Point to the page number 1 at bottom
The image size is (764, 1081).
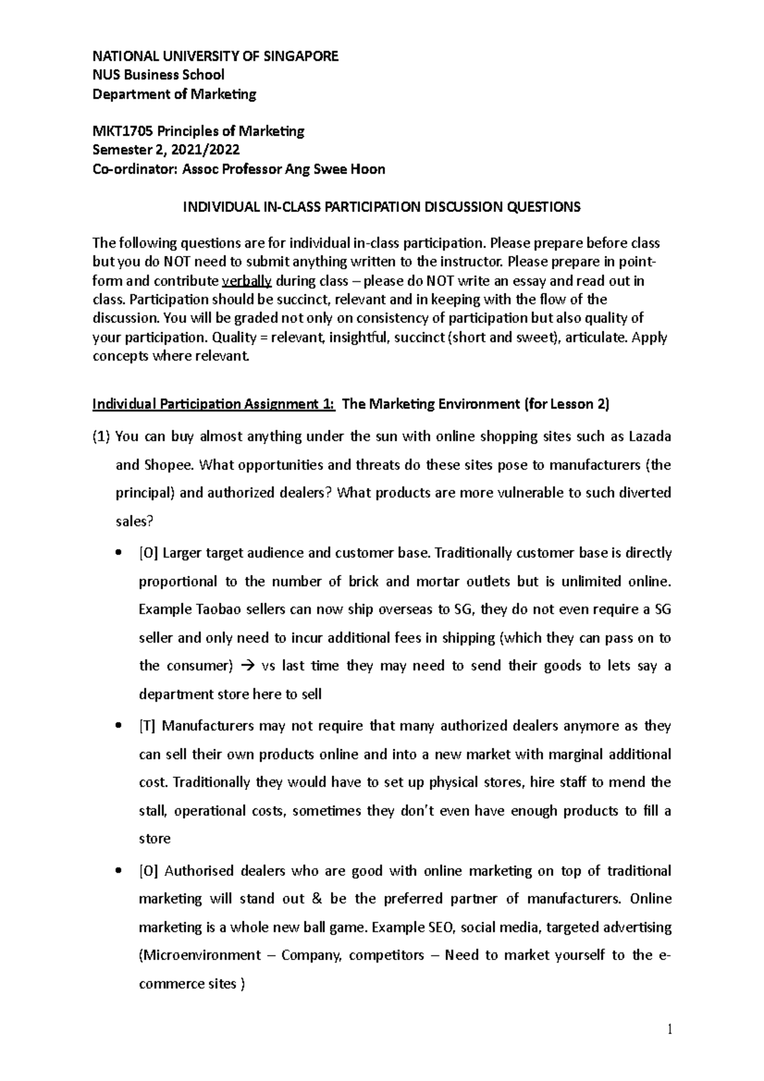(668, 1029)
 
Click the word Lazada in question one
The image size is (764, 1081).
(649, 437)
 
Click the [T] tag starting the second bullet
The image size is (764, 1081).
(148, 726)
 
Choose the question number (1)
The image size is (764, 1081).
(101, 437)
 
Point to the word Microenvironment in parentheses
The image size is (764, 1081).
(201, 956)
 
